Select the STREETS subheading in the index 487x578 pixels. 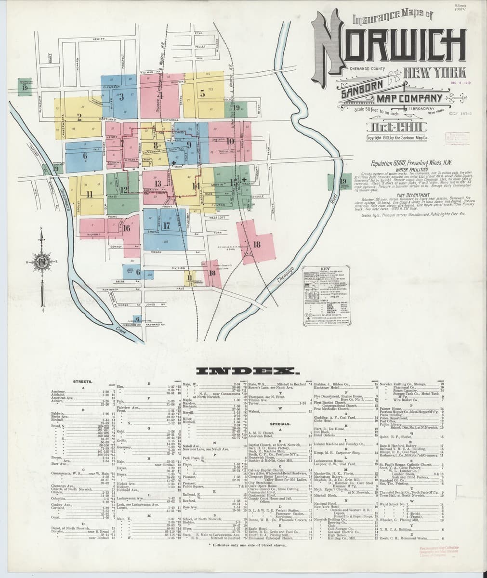pos(80,381)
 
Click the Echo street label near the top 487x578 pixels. pos(198,33)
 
